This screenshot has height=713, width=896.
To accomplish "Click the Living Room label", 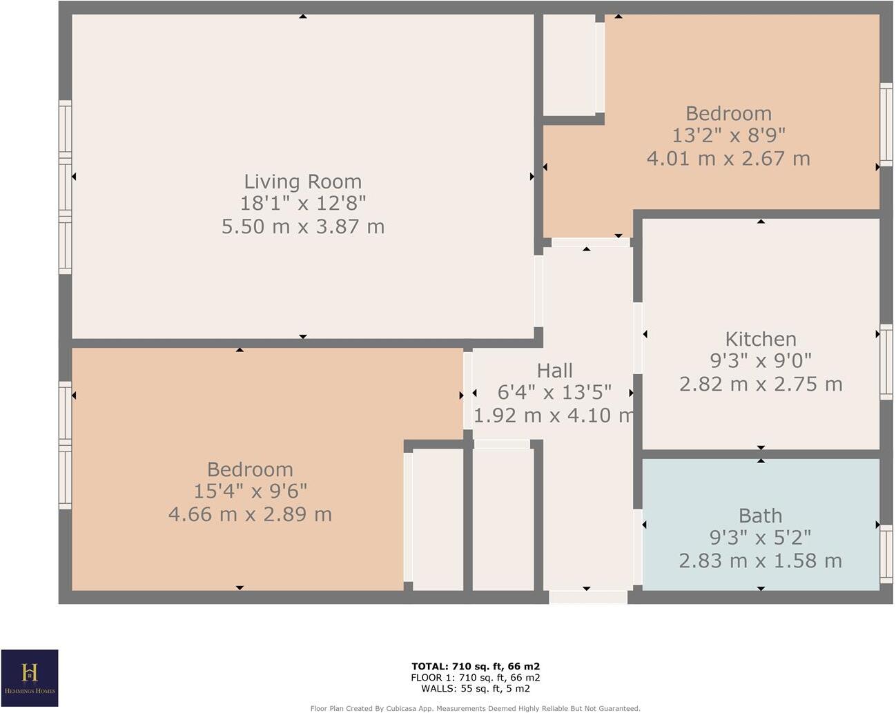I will (x=302, y=182).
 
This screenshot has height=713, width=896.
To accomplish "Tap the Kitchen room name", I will (x=761, y=339).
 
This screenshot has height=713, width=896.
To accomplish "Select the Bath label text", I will (x=760, y=516).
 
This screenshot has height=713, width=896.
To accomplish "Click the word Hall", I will (x=554, y=371).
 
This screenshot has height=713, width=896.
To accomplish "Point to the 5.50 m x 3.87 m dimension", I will (x=302, y=226).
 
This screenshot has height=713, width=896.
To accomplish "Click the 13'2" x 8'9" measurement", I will (x=728, y=135).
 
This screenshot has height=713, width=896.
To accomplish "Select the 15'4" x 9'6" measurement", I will (x=250, y=491).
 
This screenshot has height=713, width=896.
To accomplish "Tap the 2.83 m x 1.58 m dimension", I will (x=760, y=560).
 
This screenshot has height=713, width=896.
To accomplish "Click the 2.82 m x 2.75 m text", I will (x=761, y=384).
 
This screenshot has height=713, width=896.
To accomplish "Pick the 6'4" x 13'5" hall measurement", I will (x=554, y=393).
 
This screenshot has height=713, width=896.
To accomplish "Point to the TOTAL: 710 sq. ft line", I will (x=476, y=666).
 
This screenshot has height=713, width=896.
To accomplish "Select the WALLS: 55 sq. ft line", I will (x=476, y=688).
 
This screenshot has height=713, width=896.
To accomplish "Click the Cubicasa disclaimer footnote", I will (x=475, y=708).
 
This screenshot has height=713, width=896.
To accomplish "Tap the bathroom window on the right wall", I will (x=886, y=554).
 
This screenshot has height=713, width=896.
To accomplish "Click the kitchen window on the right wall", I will (x=886, y=362).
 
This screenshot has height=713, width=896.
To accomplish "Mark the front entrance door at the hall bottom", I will (x=587, y=597).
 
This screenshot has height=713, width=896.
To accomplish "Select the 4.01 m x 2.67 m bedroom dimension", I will (x=728, y=158).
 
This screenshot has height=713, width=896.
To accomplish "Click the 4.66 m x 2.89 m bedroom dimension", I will (x=250, y=514).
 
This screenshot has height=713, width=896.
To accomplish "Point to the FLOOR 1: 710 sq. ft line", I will (x=476, y=677).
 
